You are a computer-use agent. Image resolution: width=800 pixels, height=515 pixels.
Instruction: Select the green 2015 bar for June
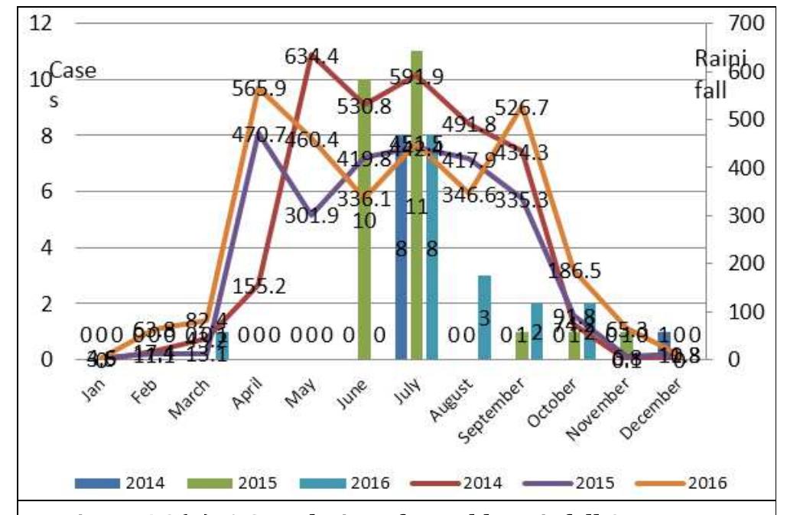click(364, 230)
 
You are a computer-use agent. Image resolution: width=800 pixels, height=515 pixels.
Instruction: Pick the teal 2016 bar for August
click(484, 318)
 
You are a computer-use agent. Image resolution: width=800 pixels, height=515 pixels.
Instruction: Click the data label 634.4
click(314, 56)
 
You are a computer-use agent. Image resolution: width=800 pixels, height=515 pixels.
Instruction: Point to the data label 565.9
click(260, 89)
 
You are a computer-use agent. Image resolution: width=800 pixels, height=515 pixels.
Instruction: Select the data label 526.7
click(522, 108)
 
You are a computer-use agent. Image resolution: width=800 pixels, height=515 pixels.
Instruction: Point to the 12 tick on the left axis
click(41, 23)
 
